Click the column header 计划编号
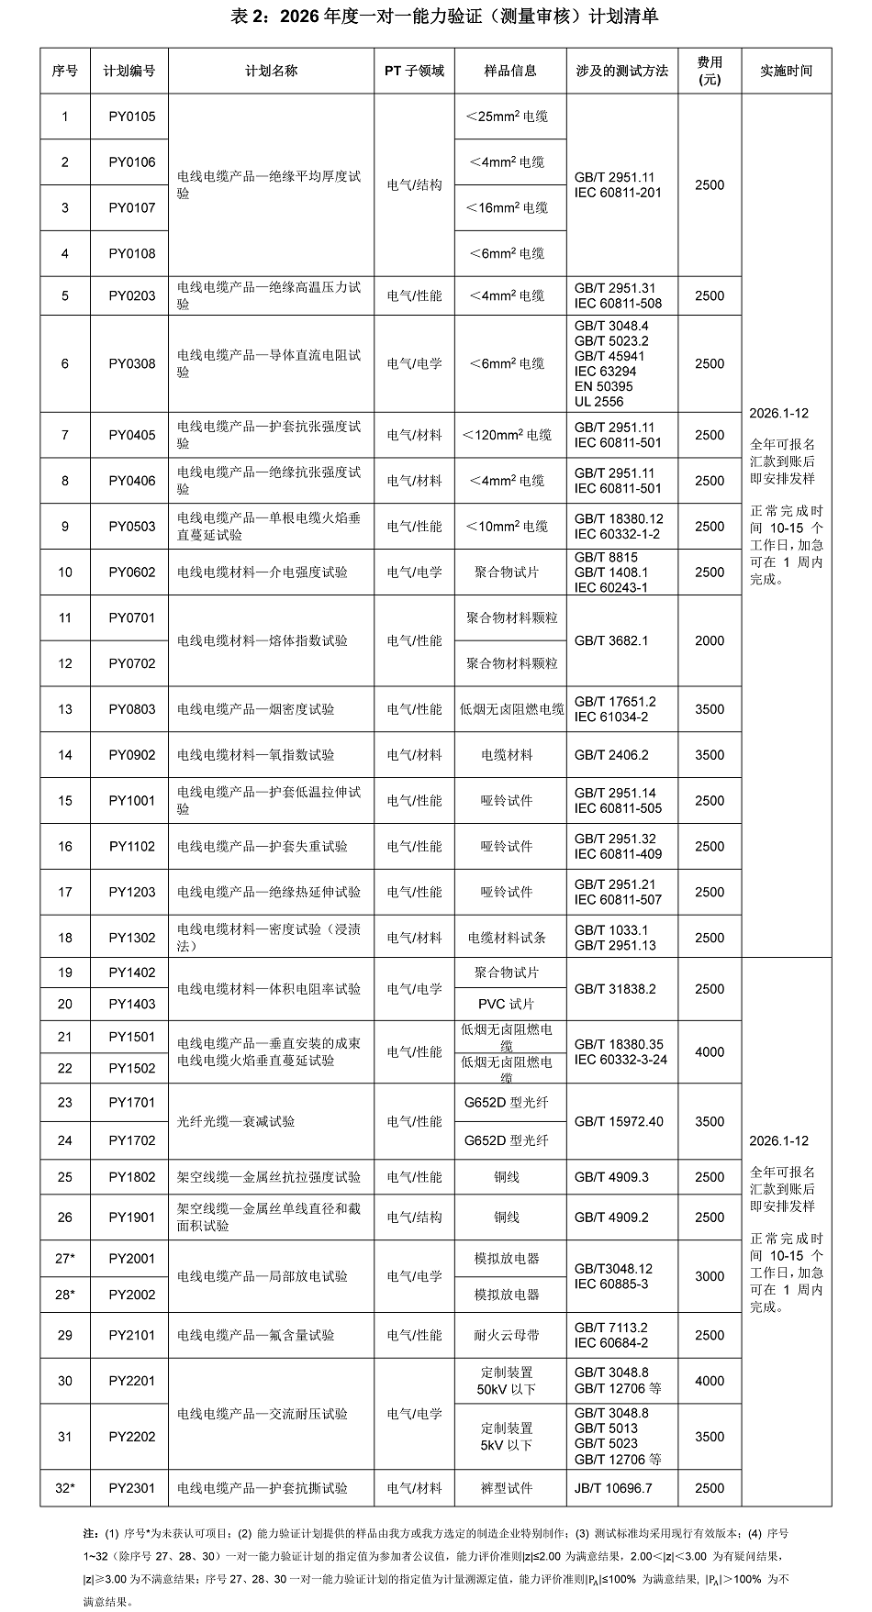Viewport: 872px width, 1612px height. (129, 71)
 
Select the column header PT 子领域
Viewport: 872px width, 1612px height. (414, 71)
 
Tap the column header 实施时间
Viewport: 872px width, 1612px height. (787, 71)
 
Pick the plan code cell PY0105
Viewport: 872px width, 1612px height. (132, 117)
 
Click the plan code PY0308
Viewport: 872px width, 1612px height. (132, 363)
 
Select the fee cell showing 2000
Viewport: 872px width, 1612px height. (710, 640)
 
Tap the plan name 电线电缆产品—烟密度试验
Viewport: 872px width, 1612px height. (256, 709)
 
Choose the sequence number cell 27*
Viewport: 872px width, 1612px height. (65, 1259)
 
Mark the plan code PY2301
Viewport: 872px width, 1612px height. (132, 1488)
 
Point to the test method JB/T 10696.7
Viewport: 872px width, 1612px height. (613, 1488)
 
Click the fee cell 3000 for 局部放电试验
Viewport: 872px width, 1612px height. (710, 1276)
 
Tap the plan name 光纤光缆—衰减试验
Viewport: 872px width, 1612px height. (236, 1121)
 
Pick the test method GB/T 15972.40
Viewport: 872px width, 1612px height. (619, 1121)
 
